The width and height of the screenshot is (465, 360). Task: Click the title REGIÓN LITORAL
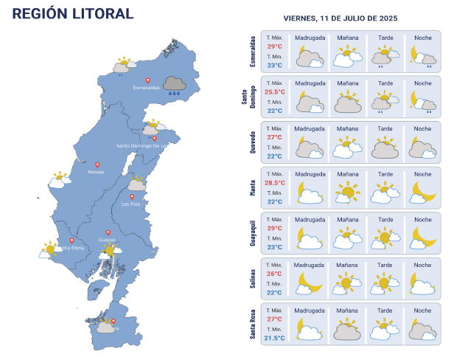(x=74, y=14)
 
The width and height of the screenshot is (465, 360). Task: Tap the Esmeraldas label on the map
(x=146, y=88)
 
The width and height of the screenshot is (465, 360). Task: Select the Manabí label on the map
(x=96, y=172)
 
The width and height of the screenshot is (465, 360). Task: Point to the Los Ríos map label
(x=130, y=204)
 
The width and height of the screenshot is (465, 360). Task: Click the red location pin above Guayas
(x=108, y=232)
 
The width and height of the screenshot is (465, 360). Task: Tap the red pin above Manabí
(x=97, y=165)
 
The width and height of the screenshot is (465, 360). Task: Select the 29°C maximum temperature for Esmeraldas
(x=275, y=46)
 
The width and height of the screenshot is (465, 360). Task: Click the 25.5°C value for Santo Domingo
(x=275, y=91)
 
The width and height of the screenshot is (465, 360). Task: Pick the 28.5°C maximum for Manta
(x=275, y=182)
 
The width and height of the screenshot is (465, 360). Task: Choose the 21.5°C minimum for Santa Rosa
(x=275, y=337)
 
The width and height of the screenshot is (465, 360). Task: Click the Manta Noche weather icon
(x=423, y=193)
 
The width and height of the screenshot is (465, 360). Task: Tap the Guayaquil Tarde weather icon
(x=382, y=238)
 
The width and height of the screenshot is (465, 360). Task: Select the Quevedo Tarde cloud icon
(x=384, y=148)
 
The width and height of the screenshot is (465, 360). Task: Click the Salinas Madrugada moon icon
(x=310, y=283)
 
